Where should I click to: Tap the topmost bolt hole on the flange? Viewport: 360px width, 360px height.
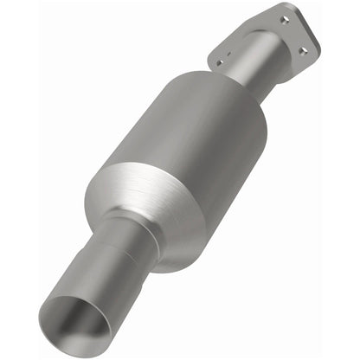(286, 16)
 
